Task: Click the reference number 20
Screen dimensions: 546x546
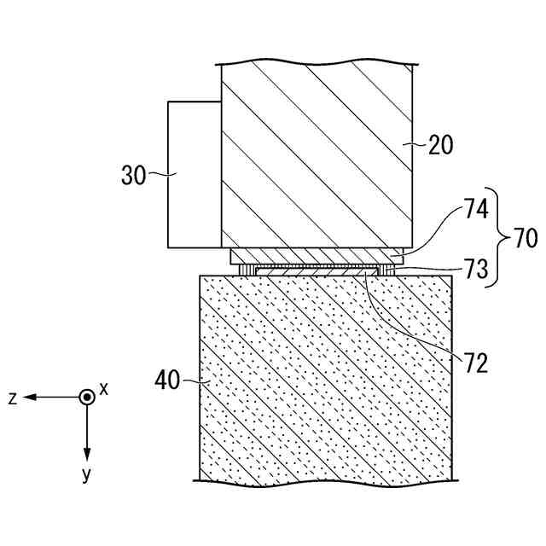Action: point(440,145)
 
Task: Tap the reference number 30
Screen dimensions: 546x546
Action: point(133,177)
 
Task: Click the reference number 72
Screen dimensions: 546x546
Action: point(476,363)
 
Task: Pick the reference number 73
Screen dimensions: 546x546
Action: point(476,270)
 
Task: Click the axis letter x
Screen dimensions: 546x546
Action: point(104,388)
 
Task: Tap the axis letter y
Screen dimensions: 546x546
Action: point(86,475)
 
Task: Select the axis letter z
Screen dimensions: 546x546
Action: point(14,398)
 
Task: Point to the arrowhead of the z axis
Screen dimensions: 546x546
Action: point(29,398)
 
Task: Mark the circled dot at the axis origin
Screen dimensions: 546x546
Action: point(86,398)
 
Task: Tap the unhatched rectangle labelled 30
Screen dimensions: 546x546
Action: point(194,175)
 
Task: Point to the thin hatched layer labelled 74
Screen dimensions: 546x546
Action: point(316,257)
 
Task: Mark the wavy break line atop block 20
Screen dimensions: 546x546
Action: point(317,64)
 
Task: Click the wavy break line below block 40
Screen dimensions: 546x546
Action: point(324,481)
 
